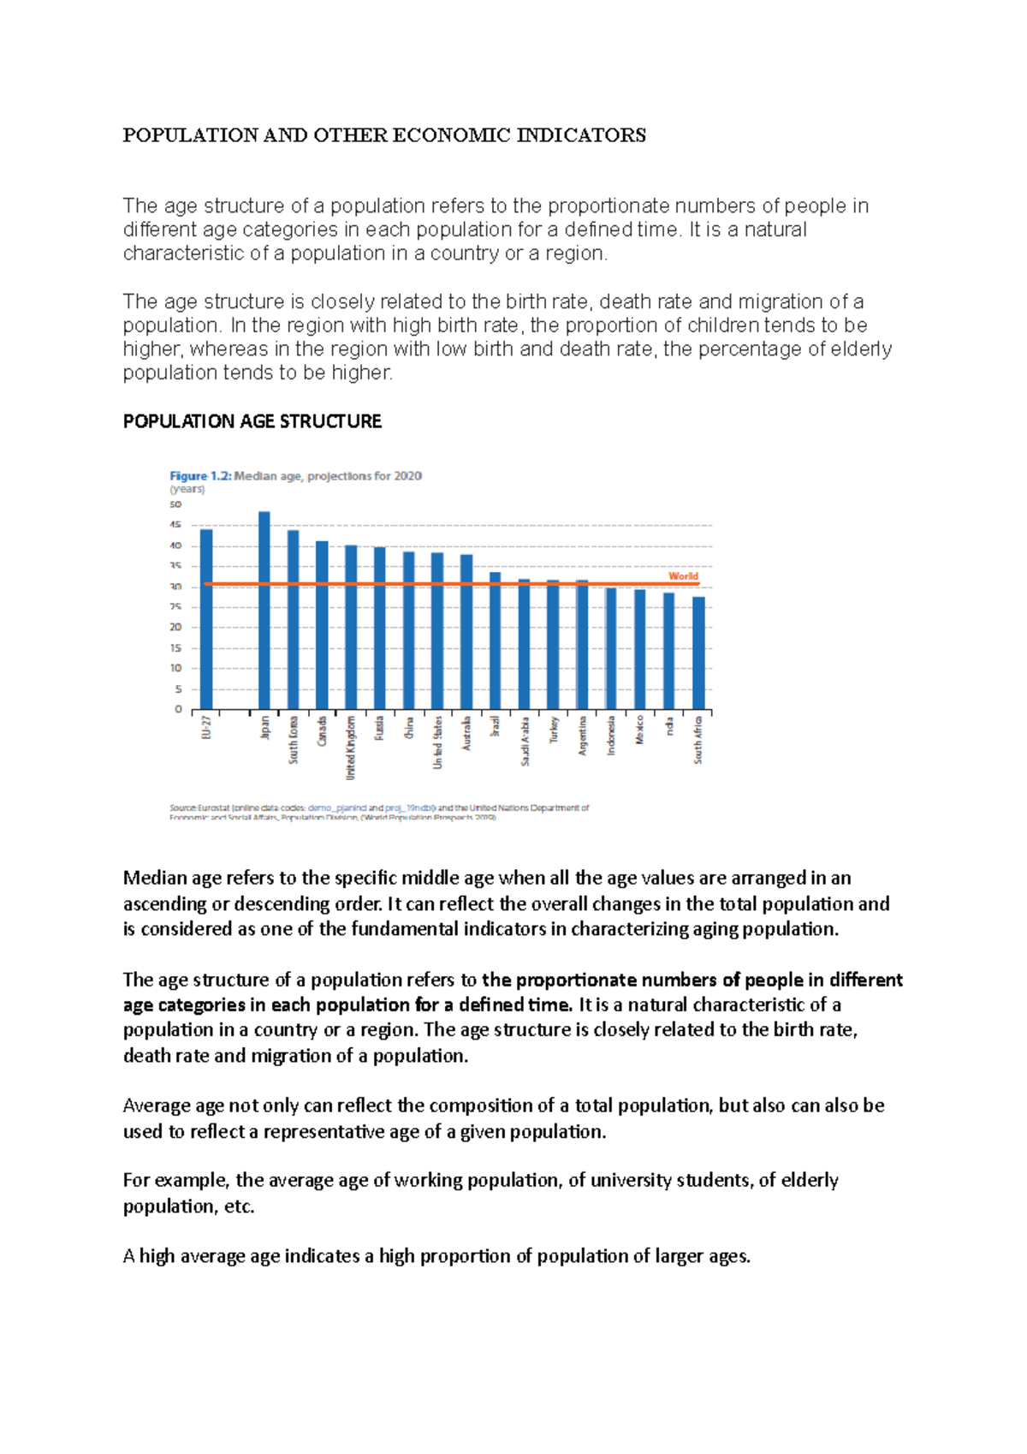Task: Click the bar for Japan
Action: [264, 610]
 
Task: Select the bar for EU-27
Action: [206, 618]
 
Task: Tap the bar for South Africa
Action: [698, 653]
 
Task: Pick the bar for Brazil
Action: [495, 641]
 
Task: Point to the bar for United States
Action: [437, 630]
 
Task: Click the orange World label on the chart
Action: [683, 576]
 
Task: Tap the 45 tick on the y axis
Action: [175, 525]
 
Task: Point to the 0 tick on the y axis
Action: [178, 709]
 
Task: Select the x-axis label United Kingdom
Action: [350, 748]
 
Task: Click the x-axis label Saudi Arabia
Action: [525, 741]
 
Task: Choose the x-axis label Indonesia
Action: [611, 736]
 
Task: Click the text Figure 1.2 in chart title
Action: [200, 476]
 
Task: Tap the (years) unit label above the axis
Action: [187, 490]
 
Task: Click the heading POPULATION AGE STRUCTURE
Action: [252, 421]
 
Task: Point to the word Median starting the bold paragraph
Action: [155, 878]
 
